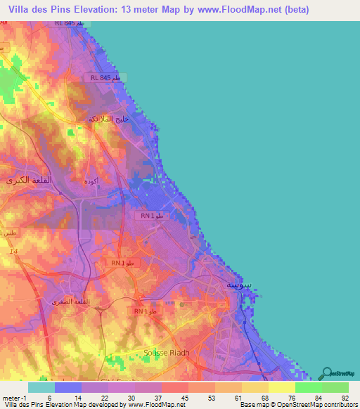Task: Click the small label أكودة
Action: [91, 181]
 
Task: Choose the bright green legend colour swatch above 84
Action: [308, 387]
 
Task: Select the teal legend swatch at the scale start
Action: [41, 387]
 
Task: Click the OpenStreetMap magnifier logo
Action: [328, 373]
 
